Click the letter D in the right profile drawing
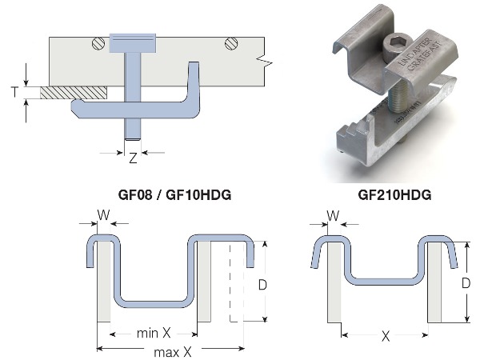click(x=466, y=282)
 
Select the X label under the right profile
click(x=386, y=337)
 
